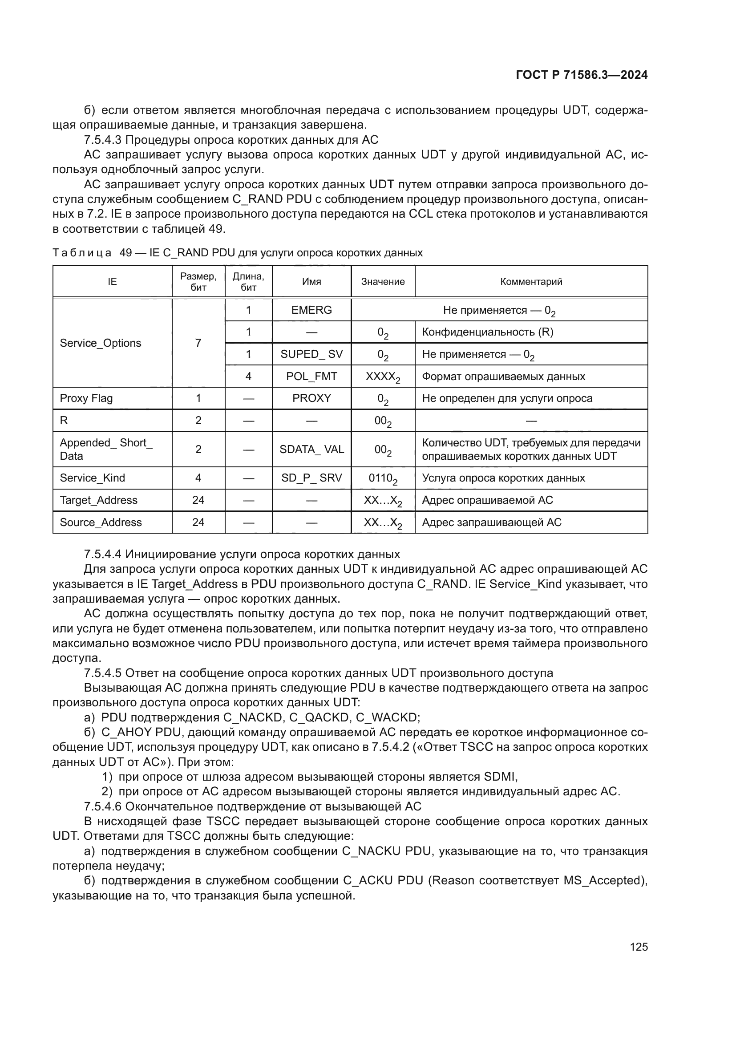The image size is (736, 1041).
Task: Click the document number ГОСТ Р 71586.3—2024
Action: [x=582, y=75]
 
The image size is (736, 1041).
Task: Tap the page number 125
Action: [x=639, y=947]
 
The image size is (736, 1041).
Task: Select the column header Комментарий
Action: [x=531, y=282]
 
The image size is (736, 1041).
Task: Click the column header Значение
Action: [x=383, y=282]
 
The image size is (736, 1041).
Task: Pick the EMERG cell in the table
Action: [x=311, y=310]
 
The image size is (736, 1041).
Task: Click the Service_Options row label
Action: [x=101, y=343]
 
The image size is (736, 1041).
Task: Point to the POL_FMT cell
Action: [x=311, y=377]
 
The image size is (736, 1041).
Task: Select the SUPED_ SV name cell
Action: [x=311, y=354]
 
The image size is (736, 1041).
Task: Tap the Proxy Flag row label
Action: [x=86, y=398]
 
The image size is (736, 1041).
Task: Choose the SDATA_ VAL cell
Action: [x=311, y=450]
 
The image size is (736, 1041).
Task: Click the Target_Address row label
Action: [x=98, y=500]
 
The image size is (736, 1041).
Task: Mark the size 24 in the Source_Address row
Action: [x=198, y=523]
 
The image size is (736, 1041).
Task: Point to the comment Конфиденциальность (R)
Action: [x=488, y=332]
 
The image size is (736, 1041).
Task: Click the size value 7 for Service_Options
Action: [x=198, y=343]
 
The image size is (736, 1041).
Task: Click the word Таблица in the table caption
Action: [x=82, y=253]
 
